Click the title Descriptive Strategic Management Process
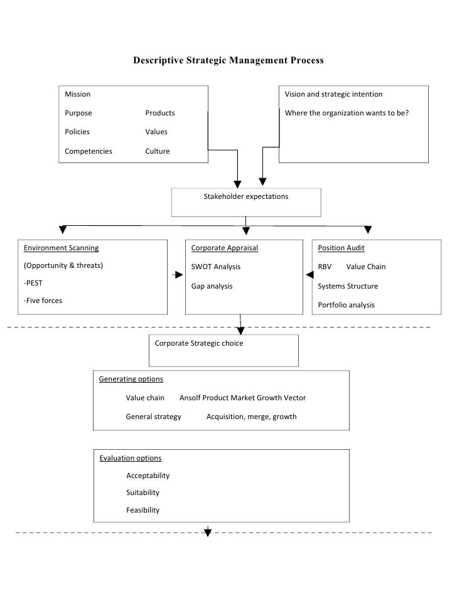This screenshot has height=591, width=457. tap(228, 61)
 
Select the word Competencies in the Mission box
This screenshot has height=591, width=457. tap(89, 151)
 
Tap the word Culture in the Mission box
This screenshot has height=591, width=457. tap(158, 151)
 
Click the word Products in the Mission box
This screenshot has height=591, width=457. tap(160, 113)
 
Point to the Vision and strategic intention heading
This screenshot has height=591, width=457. tap(333, 94)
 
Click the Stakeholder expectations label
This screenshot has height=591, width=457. tap(246, 196)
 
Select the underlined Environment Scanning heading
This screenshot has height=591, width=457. tap(61, 248)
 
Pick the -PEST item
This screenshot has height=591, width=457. tap(33, 283)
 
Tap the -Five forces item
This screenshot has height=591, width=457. tap(43, 301)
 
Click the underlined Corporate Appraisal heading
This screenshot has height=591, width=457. tap(224, 248)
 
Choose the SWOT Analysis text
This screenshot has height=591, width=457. tap(215, 267)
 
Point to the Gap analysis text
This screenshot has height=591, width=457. tap(212, 286)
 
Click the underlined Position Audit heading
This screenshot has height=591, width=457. tap(341, 248)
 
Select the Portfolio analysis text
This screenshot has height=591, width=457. tap(346, 305)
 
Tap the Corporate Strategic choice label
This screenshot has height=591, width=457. tap(199, 343)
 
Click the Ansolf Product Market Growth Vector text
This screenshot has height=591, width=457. tap(242, 398)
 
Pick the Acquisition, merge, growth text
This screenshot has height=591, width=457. tap(251, 417)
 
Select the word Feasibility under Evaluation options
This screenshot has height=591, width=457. tap(142, 510)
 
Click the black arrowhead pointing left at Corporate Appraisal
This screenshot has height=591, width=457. tap(309, 275)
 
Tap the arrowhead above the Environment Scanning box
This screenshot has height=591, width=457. tap(62, 230)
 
